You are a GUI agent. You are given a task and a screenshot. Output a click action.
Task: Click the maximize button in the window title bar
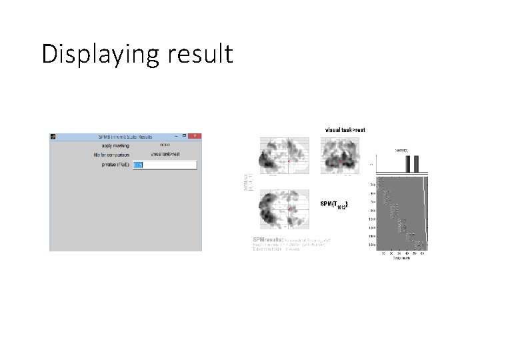pyautogui.click(x=185, y=136)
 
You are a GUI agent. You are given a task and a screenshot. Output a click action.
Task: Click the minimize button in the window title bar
pyautogui.click(x=175, y=136)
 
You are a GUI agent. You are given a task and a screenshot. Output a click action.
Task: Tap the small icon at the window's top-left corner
pyautogui.click(x=54, y=137)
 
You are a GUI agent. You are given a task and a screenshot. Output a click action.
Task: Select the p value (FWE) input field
pyautogui.click(x=165, y=165)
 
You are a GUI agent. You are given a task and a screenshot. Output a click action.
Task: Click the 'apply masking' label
pyautogui.click(x=116, y=145)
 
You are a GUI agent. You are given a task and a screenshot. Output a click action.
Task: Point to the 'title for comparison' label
pyautogui.click(x=109, y=154)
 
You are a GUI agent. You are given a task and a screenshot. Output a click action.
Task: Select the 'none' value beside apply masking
pyautogui.click(x=165, y=145)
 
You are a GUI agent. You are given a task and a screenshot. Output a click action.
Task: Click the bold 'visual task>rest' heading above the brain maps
pyautogui.click(x=345, y=129)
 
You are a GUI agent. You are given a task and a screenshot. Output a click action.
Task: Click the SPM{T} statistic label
pyautogui.click(x=333, y=203)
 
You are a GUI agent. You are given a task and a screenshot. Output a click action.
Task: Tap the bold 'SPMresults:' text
pyautogui.click(x=267, y=239)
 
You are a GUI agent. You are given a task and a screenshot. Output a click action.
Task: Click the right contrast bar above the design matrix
pyautogui.click(x=416, y=164)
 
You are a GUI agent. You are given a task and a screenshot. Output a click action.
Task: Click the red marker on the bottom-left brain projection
pyautogui.click(x=290, y=209)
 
